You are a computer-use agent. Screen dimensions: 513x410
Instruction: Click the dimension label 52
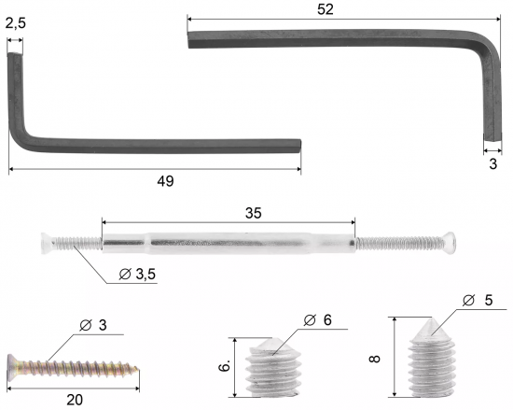click(326, 9)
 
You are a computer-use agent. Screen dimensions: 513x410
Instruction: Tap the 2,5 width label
click(15, 23)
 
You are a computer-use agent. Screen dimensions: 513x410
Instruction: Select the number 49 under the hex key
click(165, 181)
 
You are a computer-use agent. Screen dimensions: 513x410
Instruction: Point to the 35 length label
click(253, 213)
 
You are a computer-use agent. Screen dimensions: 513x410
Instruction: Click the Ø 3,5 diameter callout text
click(137, 274)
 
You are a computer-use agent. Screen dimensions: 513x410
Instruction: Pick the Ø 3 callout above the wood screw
click(93, 325)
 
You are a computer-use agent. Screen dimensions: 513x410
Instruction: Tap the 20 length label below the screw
click(75, 400)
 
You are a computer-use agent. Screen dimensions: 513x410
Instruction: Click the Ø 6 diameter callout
click(318, 320)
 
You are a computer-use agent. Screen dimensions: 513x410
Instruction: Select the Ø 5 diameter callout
click(478, 300)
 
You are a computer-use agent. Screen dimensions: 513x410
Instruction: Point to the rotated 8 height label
click(374, 359)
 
